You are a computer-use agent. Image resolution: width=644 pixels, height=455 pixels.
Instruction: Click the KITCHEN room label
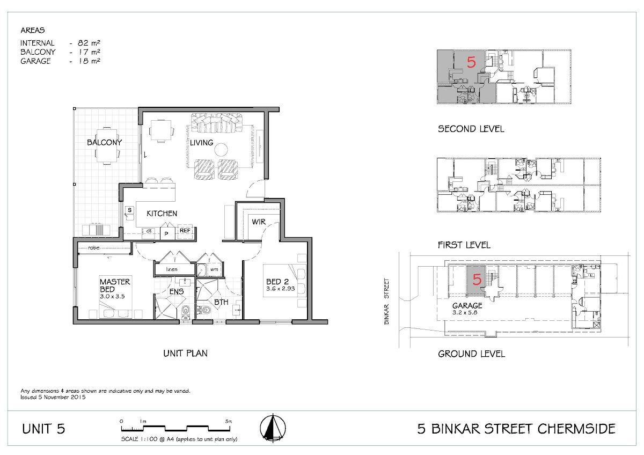(x=162, y=214)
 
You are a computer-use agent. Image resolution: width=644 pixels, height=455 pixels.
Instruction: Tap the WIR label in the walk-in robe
(x=259, y=222)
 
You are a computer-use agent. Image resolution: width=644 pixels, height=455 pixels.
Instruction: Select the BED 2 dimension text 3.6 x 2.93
(x=280, y=289)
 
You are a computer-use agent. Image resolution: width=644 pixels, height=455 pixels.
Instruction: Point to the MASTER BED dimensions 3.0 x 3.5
(x=112, y=296)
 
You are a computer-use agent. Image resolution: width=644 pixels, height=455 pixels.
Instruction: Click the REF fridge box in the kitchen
(x=185, y=231)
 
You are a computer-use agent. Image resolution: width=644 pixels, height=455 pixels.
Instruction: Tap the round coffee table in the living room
(x=221, y=150)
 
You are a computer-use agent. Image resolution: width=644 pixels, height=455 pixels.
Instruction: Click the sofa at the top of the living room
(x=217, y=123)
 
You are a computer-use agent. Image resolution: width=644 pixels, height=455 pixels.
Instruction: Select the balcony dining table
(x=107, y=146)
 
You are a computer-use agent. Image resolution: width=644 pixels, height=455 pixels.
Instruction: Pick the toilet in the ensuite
(x=186, y=312)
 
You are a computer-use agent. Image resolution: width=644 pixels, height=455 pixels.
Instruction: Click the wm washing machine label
(x=214, y=269)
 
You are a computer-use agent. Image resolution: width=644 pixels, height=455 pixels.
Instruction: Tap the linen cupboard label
(x=172, y=269)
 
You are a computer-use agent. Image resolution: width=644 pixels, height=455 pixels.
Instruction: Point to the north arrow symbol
(x=273, y=428)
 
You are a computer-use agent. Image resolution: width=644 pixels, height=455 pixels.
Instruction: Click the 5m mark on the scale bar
(x=229, y=421)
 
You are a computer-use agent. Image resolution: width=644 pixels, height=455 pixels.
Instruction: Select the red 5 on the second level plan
(x=471, y=62)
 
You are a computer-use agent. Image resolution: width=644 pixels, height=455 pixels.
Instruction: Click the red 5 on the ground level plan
(x=477, y=279)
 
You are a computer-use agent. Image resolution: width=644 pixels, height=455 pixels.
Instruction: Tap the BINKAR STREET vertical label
(x=386, y=301)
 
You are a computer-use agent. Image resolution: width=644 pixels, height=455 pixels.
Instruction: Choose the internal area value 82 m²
(x=89, y=43)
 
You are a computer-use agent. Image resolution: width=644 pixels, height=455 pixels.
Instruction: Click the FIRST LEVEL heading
(x=464, y=245)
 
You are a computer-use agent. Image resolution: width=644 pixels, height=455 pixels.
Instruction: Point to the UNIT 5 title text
(x=43, y=429)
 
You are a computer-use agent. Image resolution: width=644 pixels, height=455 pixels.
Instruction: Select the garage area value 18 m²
(x=89, y=61)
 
